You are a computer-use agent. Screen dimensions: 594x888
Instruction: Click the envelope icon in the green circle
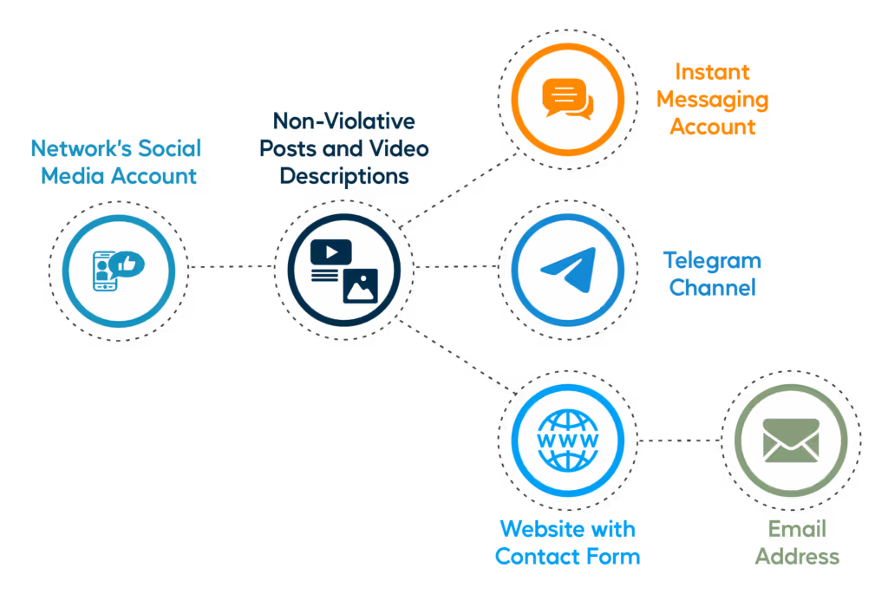click(x=790, y=441)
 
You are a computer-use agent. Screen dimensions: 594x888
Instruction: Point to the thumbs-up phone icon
click(x=119, y=271)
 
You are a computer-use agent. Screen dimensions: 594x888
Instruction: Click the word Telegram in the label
click(x=711, y=260)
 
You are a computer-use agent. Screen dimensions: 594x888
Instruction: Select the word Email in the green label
click(x=797, y=529)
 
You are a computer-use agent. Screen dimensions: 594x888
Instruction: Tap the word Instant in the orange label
click(x=712, y=72)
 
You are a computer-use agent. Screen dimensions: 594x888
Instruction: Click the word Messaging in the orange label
click(x=712, y=100)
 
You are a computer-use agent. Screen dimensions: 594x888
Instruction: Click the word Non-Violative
click(x=343, y=121)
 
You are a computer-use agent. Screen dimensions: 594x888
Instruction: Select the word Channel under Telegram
click(x=713, y=287)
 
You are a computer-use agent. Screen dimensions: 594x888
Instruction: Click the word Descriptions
click(x=344, y=176)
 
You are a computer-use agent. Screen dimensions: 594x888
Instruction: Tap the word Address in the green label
click(x=797, y=556)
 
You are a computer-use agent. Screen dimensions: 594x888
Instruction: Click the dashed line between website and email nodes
click(x=679, y=440)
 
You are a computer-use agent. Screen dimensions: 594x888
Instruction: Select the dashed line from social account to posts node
click(x=231, y=266)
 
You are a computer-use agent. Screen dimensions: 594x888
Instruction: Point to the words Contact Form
click(x=567, y=556)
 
